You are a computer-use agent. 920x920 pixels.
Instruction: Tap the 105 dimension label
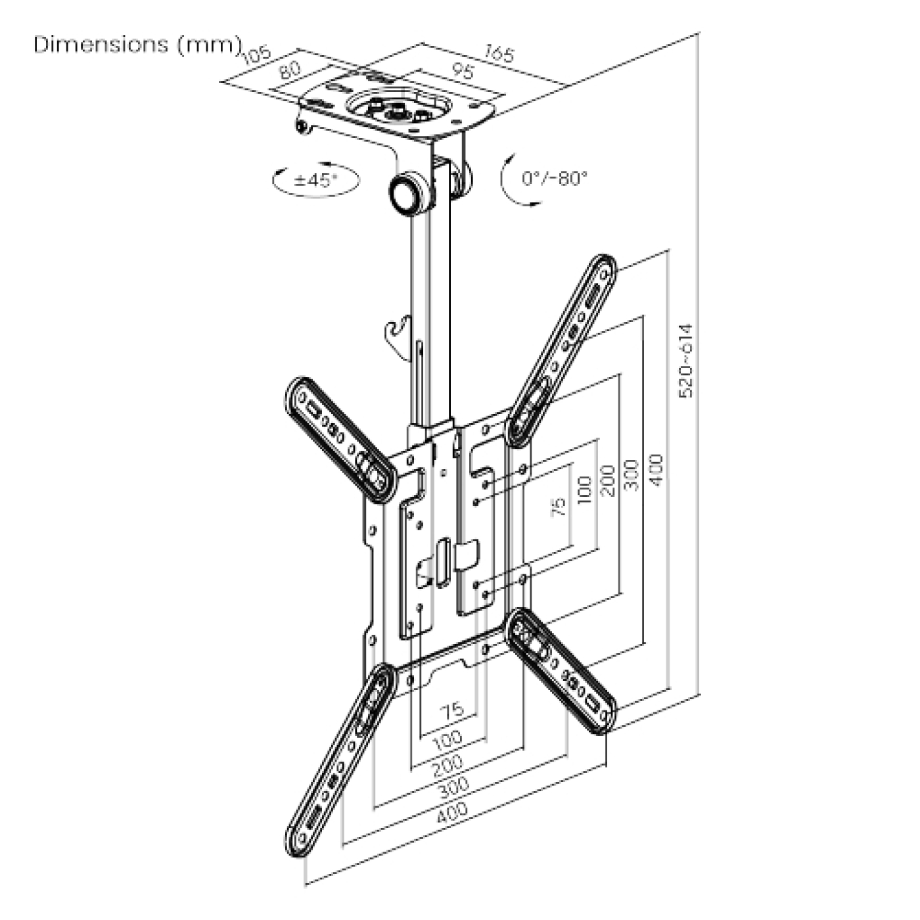[x=257, y=55]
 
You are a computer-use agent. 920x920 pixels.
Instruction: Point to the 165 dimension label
[x=499, y=53]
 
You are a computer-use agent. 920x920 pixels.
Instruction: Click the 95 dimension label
[x=464, y=71]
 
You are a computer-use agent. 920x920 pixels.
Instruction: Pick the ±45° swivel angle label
[x=315, y=179]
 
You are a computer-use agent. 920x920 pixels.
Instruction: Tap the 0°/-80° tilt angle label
[x=554, y=178]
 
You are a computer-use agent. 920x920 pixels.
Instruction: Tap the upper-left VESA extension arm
[x=342, y=438]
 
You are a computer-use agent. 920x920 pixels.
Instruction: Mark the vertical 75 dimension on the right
[x=558, y=506]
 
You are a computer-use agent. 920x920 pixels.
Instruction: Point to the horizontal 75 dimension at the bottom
[x=452, y=710]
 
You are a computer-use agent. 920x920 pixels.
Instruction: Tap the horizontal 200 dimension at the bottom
[x=448, y=764]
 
